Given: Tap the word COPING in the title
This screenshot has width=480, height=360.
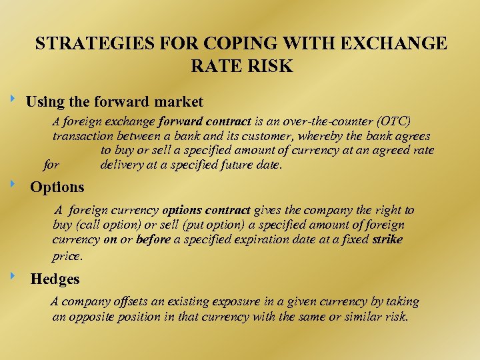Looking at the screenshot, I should click(228, 44).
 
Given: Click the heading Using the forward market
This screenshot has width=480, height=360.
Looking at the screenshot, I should click(114, 102).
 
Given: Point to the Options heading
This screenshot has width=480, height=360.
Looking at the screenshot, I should click(57, 187).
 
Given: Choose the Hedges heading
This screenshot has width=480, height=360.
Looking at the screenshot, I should click(55, 279).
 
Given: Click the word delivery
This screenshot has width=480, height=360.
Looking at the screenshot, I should click(123, 165).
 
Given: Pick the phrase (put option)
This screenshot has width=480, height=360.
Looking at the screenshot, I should click(207, 225).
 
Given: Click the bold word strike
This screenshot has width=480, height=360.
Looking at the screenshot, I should click(388, 239).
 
